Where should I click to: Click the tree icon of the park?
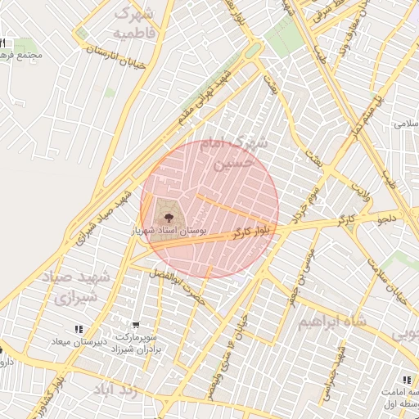coord(169,217)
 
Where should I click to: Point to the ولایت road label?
coord(360,192)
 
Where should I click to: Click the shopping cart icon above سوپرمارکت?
coord(134,324)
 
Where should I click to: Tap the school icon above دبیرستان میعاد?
coord(79,329)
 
